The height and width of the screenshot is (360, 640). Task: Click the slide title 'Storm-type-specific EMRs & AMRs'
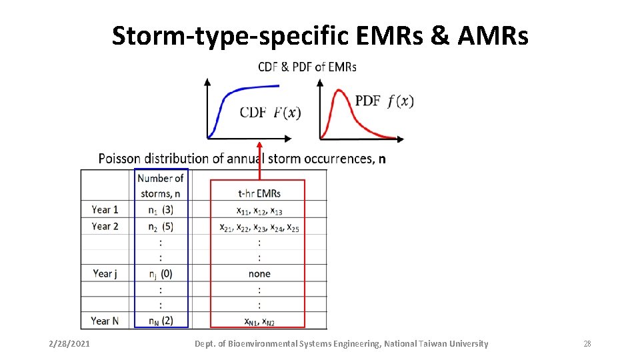pos(320,36)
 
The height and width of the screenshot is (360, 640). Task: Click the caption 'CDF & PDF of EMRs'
pos(307,67)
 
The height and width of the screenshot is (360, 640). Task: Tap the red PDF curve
pos(347,100)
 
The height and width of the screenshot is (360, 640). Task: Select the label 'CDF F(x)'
pos(270,112)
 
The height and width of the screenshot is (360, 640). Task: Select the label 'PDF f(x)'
pos(384,101)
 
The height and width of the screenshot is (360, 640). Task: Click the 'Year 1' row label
pos(105,209)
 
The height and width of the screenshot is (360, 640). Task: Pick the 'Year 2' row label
pos(105,226)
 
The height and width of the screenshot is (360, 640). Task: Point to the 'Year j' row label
pos(105,273)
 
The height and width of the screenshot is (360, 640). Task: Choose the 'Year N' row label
pos(105,321)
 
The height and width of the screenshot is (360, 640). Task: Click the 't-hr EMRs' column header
pos(259,193)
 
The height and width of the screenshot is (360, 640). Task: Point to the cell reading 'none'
pos(259,274)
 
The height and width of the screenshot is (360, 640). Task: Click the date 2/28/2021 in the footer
pos(71,344)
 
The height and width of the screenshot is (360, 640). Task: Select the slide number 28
pos(587,344)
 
